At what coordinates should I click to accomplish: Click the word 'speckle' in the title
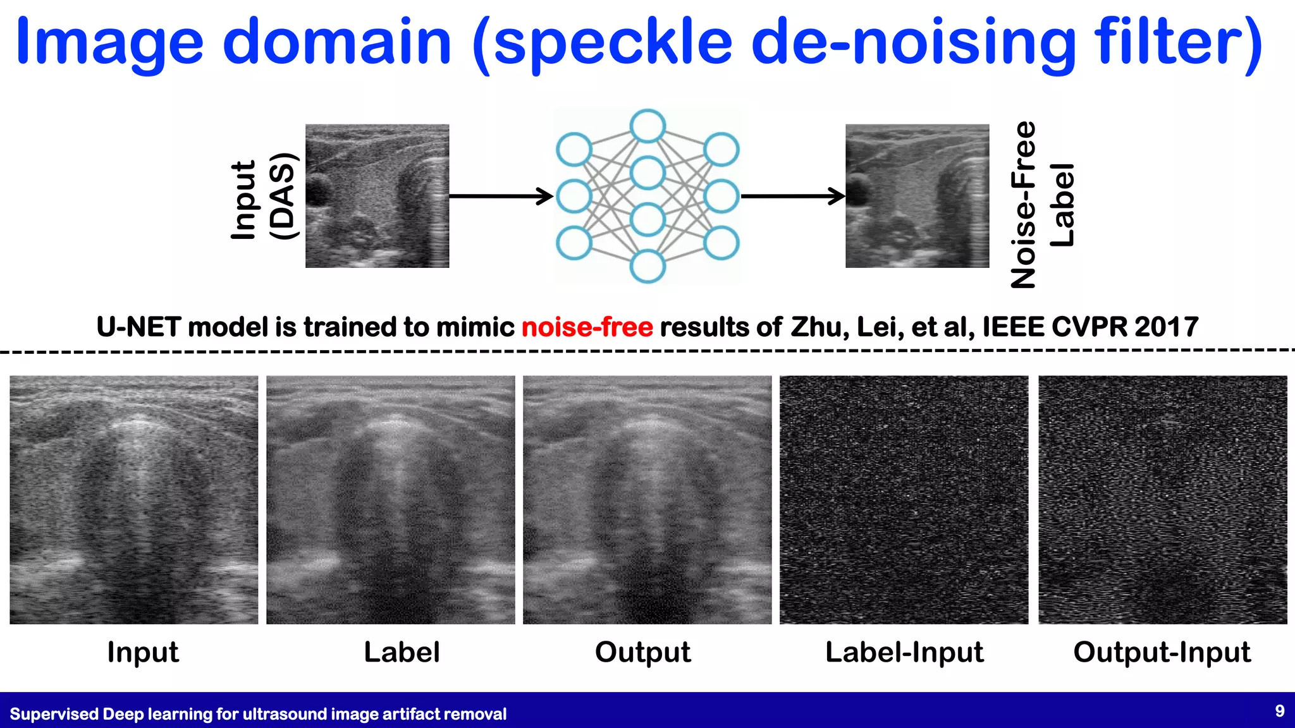pos(613,43)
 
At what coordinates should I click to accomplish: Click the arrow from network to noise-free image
pos(793,197)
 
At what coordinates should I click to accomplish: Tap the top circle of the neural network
pos(647,126)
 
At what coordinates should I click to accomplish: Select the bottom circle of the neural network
pos(647,266)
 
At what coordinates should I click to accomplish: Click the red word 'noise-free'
pos(587,327)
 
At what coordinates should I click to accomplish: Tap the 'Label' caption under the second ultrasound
pos(402,652)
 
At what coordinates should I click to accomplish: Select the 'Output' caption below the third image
pos(642,652)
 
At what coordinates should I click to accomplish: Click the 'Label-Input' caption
pos(904,652)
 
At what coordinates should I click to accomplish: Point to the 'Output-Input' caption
pos(1162,652)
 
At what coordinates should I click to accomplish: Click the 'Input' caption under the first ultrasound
pos(143,652)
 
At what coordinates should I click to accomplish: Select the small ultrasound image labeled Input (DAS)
pos(377,196)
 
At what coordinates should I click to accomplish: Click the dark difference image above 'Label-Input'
pos(904,500)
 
